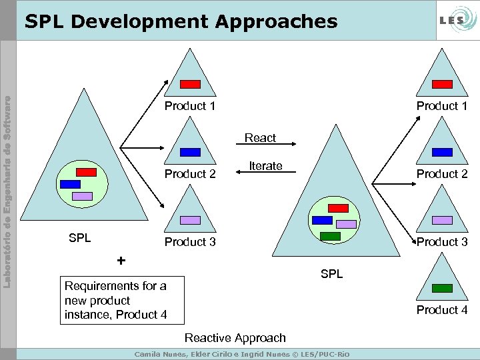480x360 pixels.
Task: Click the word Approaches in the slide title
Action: [x=275, y=21]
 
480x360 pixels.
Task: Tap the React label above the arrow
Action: [x=260, y=138]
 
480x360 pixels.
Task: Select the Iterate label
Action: [x=265, y=166]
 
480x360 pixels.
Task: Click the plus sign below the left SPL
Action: [x=121, y=260]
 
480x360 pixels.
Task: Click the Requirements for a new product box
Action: [x=116, y=300]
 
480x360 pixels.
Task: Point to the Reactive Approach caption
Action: [x=235, y=338]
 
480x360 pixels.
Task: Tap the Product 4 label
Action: [x=442, y=310]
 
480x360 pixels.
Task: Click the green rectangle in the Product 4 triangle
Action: [x=441, y=288]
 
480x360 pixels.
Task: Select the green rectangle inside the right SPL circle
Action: [x=330, y=235]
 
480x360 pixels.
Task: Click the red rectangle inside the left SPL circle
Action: [x=87, y=172]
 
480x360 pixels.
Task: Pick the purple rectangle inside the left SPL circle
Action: [x=82, y=196]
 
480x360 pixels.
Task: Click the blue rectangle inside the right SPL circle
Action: [x=322, y=220]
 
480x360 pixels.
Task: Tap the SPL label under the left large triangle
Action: [x=80, y=238]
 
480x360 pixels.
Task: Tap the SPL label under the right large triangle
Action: [x=331, y=274]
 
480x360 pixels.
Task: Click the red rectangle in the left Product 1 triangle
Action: [x=191, y=84]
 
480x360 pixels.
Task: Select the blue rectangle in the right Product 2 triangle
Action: [x=441, y=152]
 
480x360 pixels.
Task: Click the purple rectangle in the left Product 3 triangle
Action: [x=191, y=220]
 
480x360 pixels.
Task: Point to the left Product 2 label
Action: [x=190, y=174]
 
